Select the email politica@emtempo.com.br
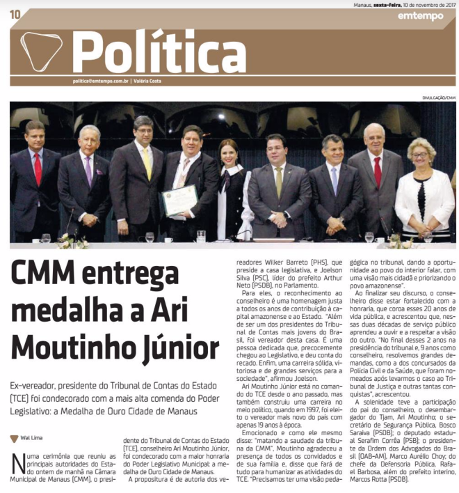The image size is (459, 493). pos(101,81)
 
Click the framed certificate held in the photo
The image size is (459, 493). pos(179,201)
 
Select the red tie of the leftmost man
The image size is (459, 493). pos(38,168)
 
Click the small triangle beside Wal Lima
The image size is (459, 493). pos(14,439)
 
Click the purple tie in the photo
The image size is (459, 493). pos(88,169)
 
